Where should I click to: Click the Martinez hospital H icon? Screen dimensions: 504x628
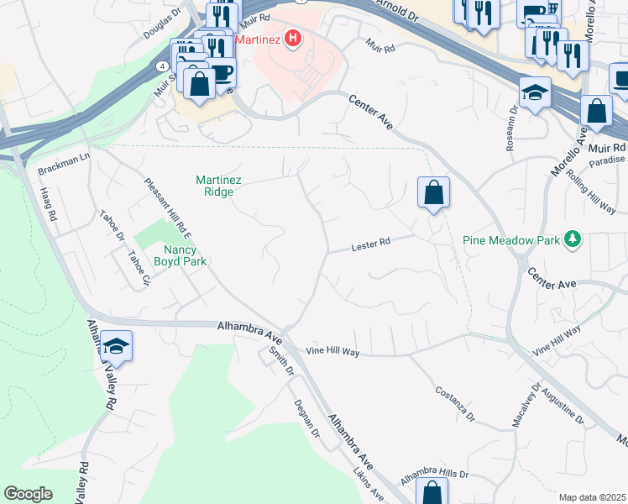(x=293, y=39)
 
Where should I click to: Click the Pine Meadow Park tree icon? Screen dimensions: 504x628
(x=573, y=240)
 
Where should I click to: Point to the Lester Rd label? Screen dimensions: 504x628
(x=371, y=244)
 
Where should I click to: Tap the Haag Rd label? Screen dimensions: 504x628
(x=47, y=204)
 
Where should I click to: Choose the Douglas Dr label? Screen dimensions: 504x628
(x=162, y=24)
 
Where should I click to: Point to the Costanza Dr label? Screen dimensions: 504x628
(x=455, y=404)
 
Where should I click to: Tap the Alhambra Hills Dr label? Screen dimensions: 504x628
(x=435, y=474)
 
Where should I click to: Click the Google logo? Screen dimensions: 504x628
(x=28, y=494)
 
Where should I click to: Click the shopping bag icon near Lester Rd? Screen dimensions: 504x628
(x=433, y=193)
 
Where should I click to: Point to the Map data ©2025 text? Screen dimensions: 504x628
(x=592, y=497)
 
